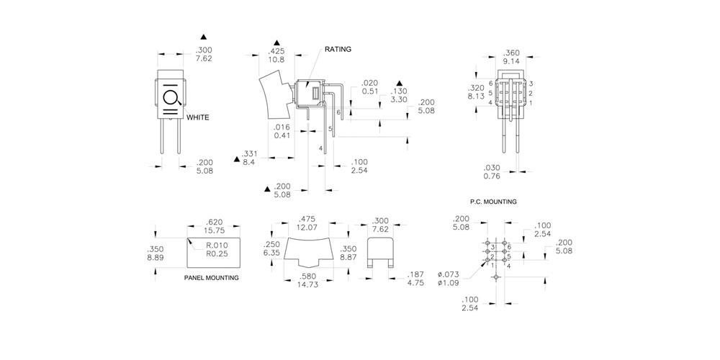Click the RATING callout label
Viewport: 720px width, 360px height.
click(x=338, y=49)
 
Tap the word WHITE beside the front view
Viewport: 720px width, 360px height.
click(x=197, y=117)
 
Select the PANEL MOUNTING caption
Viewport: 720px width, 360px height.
click(x=212, y=277)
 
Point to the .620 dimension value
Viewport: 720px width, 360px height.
click(x=214, y=222)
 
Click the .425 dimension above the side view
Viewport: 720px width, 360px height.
click(x=276, y=52)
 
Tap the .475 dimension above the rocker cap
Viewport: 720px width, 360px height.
click(x=307, y=219)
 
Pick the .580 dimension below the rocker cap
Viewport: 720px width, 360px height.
click(x=308, y=276)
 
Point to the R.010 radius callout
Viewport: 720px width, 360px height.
click(x=217, y=245)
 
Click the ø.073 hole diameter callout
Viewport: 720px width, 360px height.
click(x=449, y=274)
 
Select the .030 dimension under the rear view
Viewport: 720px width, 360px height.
click(x=491, y=167)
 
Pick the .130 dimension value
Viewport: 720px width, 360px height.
click(x=400, y=91)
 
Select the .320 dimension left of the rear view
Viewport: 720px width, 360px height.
click(x=476, y=87)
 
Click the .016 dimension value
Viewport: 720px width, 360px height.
click(x=282, y=127)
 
